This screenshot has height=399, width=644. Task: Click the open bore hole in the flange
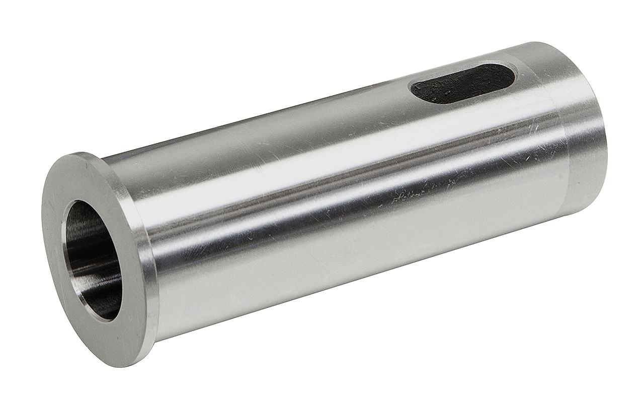click(x=93, y=257)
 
